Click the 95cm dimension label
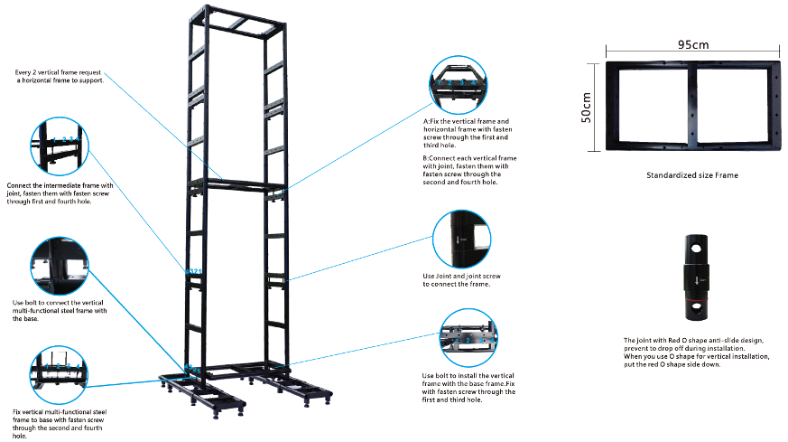693,45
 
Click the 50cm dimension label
586,108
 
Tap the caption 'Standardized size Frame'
692,175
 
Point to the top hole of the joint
696,249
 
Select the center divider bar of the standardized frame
692,106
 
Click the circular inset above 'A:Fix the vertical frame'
458,85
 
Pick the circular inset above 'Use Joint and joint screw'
461,240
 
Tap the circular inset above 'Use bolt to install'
468,338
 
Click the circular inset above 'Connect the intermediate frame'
60,146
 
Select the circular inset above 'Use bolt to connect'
60,266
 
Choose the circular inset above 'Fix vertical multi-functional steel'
59,374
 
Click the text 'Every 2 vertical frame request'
58,72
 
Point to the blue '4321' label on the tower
193,271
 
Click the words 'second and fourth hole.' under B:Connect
459,183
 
